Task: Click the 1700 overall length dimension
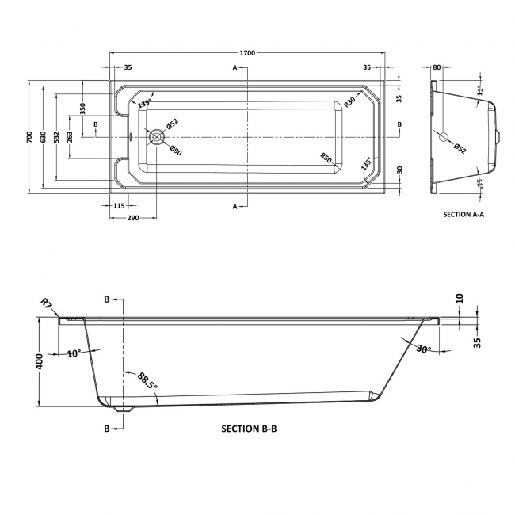[x=247, y=52]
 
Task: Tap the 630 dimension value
[x=44, y=136]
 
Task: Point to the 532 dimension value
[x=56, y=136]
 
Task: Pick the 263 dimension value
[x=70, y=136]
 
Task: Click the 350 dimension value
[x=82, y=108]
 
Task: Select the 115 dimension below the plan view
[x=119, y=206]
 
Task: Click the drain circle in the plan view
[x=156, y=136]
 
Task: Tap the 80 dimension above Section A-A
[x=436, y=68]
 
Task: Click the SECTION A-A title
[x=465, y=215]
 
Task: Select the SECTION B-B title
[x=249, y=428]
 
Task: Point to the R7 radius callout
[x=47, y=303]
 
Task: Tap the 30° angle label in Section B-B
[x=424, y=349]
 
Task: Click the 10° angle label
[x=74, y=353]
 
